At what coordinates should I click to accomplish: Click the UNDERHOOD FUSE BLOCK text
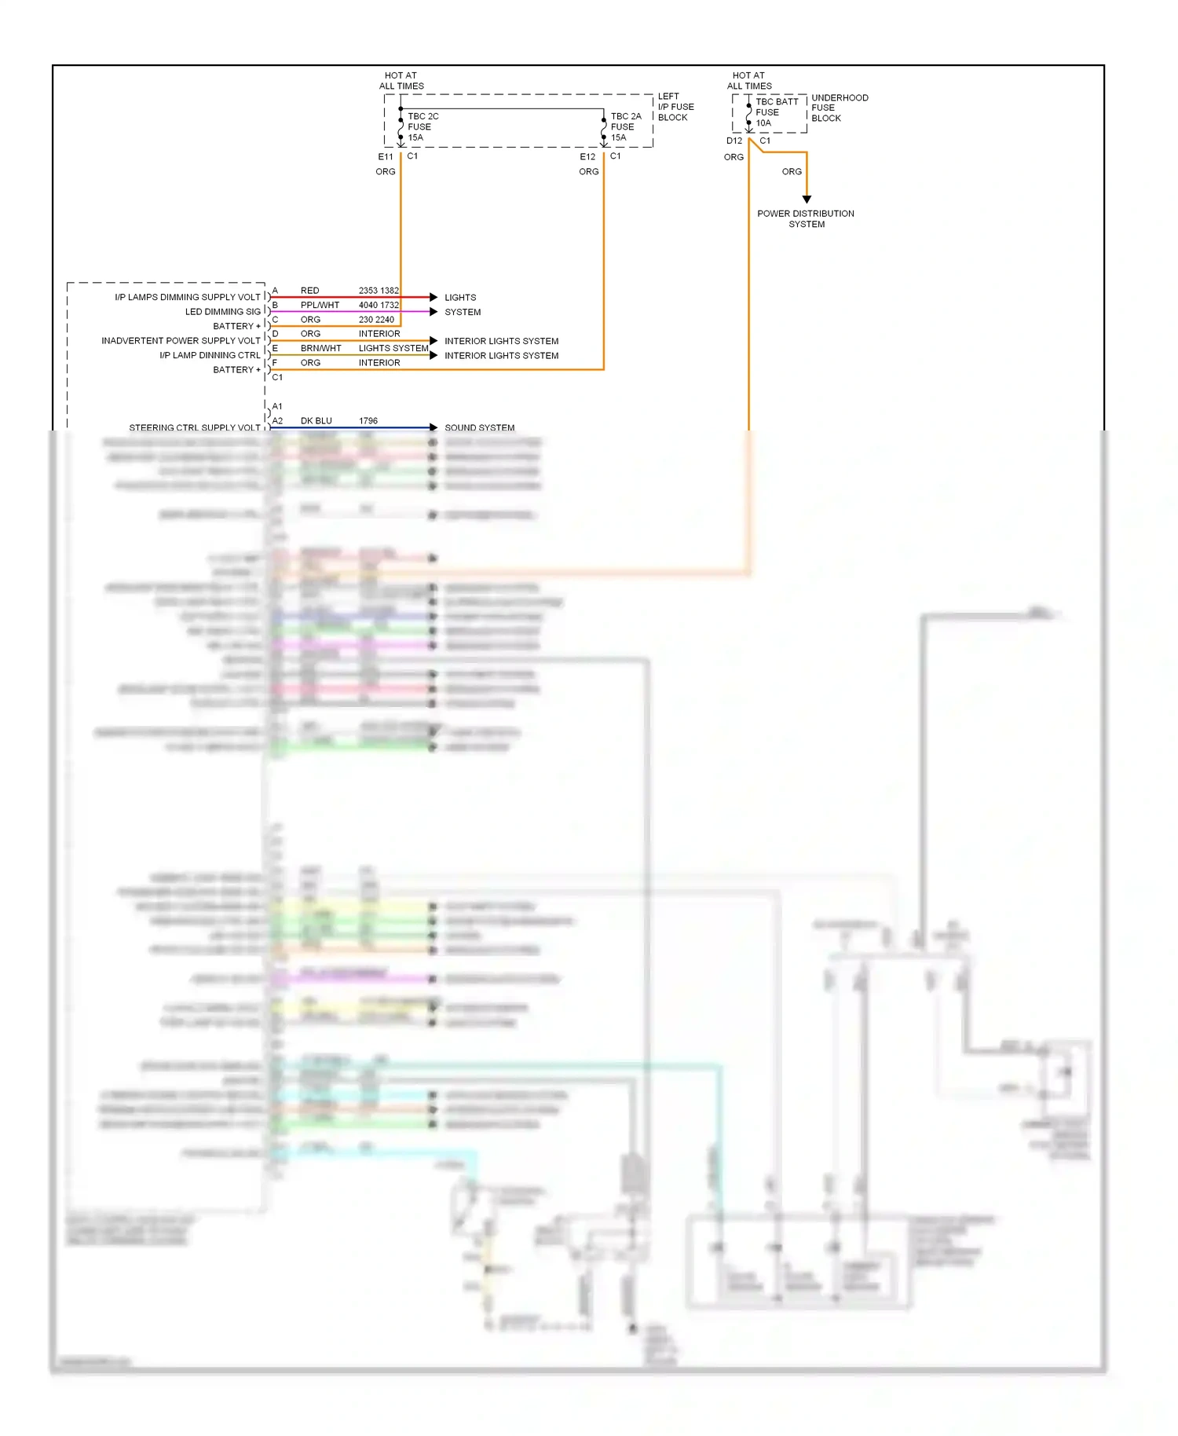[840, 108]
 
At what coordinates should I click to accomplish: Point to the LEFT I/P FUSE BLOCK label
[675, 107]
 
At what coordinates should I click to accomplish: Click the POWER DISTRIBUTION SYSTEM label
[806, 218]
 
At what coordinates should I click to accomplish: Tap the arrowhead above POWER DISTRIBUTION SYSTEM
[807, 200]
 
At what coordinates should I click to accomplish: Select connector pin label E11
[386, 156]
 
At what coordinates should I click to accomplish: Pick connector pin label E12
[587, 156]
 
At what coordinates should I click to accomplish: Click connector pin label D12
[734, 141]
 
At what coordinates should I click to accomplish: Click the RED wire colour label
[309, 291]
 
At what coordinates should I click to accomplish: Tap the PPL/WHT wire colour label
[320, 305]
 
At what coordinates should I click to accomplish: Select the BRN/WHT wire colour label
[320, 348]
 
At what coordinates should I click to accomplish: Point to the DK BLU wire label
[316, 421]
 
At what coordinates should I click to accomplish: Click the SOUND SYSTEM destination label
[479, 427]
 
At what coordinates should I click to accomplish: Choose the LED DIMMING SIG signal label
[222, 312]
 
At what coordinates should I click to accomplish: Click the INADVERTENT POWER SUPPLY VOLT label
[181, 341]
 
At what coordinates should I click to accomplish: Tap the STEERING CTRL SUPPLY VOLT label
[195, 427]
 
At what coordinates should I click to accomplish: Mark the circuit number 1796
[368, 421]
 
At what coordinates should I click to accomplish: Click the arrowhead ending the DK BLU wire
[434, 427]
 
